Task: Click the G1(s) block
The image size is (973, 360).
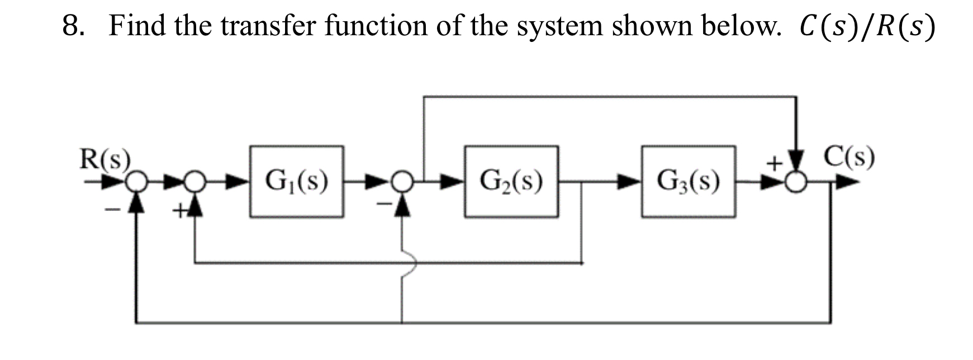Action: (296, 182)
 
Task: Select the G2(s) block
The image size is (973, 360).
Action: (511, 182)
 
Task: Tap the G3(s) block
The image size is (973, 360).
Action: (688, 182)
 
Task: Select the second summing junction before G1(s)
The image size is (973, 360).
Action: (194, 181)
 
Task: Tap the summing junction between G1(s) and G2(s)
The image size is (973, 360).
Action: (402, 181)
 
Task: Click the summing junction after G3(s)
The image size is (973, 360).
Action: (796, 181)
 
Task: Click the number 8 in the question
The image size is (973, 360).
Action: (71, 26)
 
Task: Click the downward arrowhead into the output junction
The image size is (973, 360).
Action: (796, 159)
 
